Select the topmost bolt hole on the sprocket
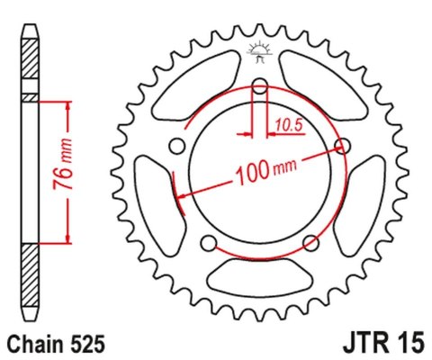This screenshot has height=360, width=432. tap(260, 87)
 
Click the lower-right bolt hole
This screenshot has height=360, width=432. tap(310, 241)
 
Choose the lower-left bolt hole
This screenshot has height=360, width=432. tap(209, 241)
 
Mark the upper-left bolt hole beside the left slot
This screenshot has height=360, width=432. tap(178, 146)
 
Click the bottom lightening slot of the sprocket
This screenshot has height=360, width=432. tap(260, 282)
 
